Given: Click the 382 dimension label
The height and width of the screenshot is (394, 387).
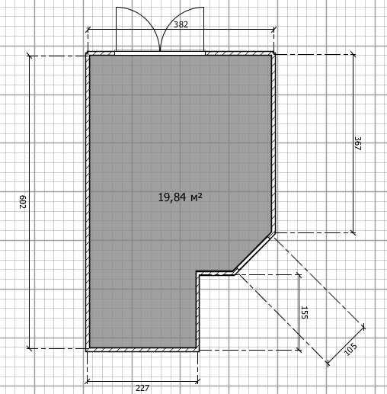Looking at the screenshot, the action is click(181, 24).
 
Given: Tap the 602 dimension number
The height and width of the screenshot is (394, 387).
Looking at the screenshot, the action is click(23, 202).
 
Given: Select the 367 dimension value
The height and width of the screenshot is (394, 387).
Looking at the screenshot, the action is click(357, 143).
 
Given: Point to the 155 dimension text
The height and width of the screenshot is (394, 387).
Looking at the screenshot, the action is click(304, 312).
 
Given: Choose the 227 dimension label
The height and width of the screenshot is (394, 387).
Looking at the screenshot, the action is click(142, 388).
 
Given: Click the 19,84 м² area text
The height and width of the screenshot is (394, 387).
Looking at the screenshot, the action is click(181, 197).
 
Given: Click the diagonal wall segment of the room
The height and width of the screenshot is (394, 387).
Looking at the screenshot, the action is click(254, 253).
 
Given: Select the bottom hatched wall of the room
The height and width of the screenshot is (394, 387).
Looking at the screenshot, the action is click(142, 350).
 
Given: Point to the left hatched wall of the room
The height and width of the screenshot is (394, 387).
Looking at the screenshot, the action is click(88, 202).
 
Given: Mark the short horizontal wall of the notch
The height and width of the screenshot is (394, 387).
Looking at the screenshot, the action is click(216, 273).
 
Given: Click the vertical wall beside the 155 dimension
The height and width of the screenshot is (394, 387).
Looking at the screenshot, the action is click(197, 311).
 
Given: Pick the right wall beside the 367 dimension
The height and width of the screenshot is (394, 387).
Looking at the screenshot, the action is click(273, 143).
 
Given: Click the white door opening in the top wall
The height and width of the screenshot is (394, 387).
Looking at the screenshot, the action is click(160, 53).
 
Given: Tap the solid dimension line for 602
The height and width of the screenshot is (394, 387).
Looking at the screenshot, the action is click(30, 202).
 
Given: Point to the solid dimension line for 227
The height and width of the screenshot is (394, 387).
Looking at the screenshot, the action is click(142, 381).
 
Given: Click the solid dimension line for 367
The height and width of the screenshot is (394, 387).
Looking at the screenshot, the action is click(353, 143).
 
